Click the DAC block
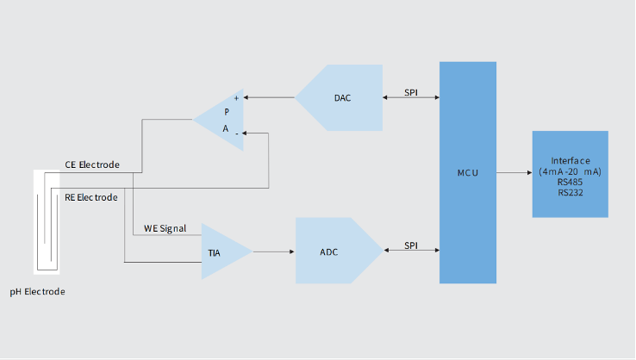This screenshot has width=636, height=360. coord(342,97)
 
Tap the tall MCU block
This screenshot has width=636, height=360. coord(467,172)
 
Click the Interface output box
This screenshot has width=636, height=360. coord(570,174)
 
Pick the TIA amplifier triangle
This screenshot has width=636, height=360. coord(221,251)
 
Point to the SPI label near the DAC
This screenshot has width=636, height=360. coord(411,92)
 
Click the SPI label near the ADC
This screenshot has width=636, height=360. coord(411,245)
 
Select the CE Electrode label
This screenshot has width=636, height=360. coord(92,164)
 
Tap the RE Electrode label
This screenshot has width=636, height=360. coord(90,197)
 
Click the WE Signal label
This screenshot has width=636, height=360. coord(165,228)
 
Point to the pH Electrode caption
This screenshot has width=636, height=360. coord(37,292)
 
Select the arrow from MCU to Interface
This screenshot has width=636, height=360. coord(514,173)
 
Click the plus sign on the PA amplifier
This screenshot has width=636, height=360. coord(236,98)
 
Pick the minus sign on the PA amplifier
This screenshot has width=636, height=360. coord(236,133)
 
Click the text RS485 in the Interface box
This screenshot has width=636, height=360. coord(570,182)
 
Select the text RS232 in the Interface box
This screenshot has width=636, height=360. coord(570,192)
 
